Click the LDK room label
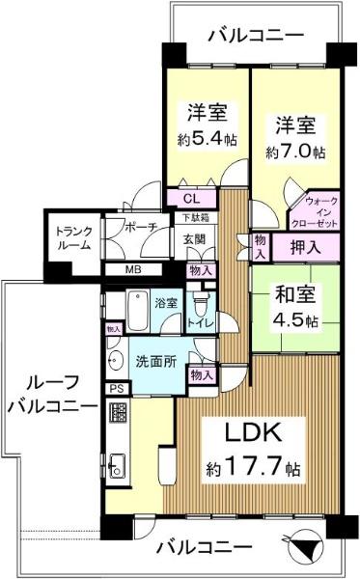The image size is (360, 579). click(253, 432)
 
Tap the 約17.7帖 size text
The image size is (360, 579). click(253, 466)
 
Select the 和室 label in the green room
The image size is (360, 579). click(295, 294)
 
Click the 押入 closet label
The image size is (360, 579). click(305, 247)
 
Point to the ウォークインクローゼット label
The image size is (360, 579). click(315, 212)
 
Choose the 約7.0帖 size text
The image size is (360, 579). click(295, 152)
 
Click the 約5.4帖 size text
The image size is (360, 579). click(208, 139)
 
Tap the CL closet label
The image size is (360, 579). click(192, 199)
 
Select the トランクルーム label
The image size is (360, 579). click(73, 238)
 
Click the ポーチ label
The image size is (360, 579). click(142, 227)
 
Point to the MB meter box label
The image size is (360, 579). click(133, 269)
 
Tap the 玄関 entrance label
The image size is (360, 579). click(194, 239)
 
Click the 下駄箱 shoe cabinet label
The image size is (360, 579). click(196, 218)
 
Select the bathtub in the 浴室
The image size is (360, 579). click(138, 311)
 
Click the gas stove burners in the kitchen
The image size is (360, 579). click(118, 413)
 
